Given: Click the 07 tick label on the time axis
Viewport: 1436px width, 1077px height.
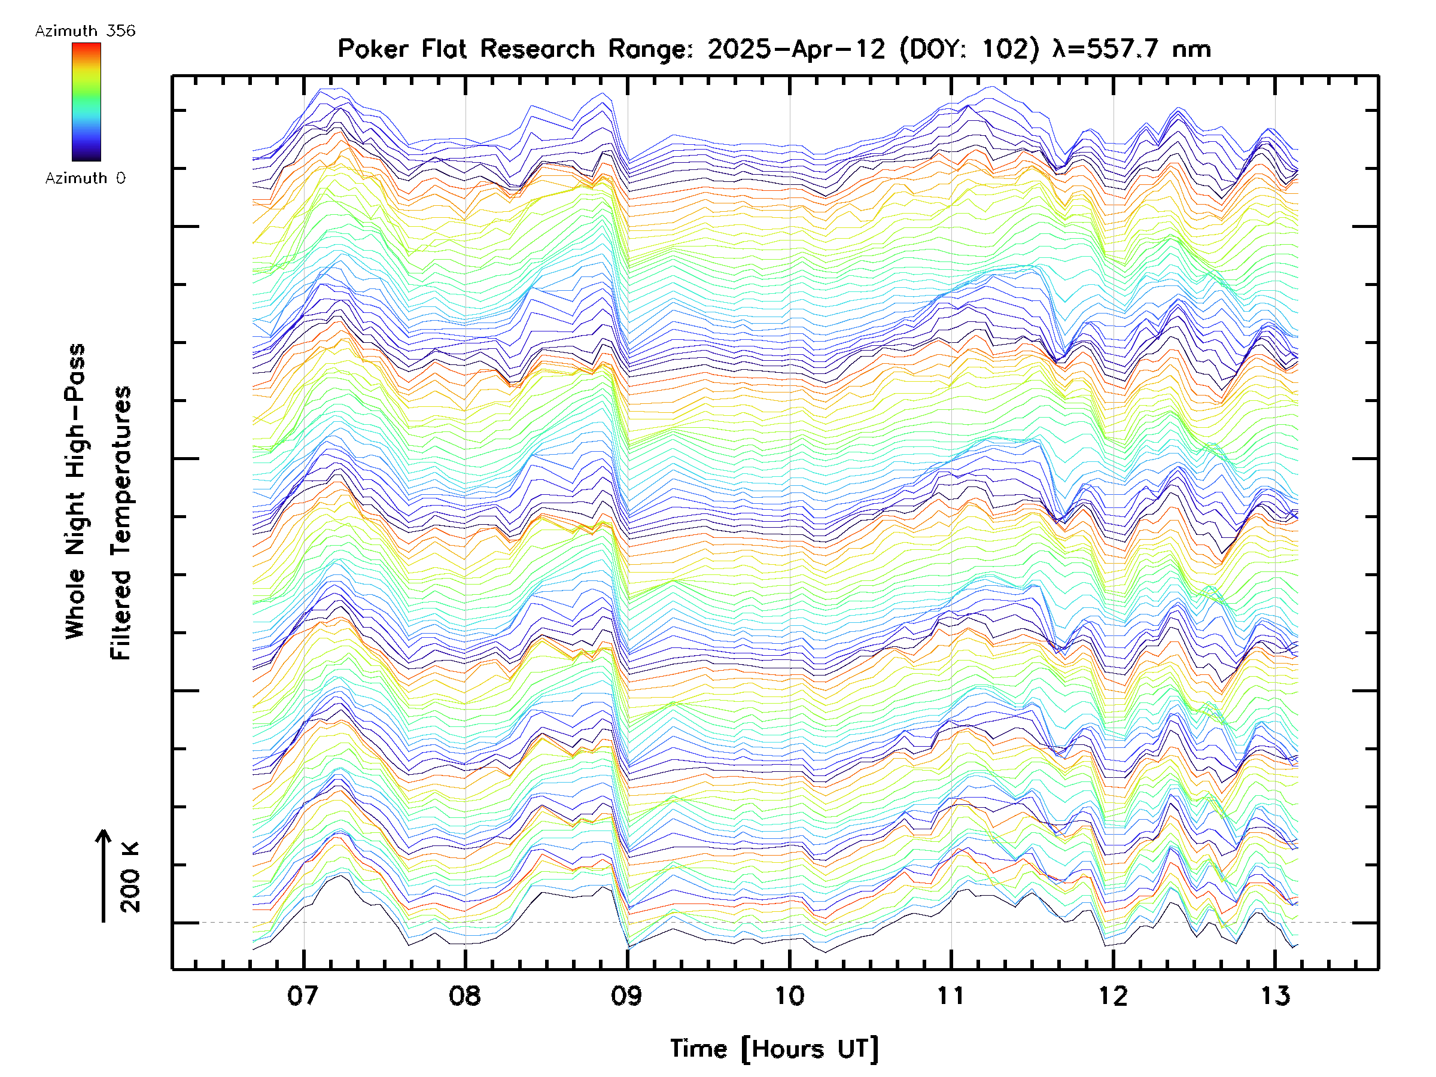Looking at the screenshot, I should click(x=303, y=996).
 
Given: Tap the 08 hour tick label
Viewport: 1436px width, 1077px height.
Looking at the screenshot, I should click(x=465, y=996).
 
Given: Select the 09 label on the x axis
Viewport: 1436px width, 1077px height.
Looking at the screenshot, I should click(x=626, y=996).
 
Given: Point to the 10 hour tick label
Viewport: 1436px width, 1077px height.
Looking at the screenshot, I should click(x=789, y=996).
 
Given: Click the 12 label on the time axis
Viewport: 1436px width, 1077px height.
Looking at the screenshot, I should click(x=1113, y=996).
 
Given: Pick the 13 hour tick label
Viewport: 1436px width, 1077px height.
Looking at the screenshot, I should click(x=1275, y=996).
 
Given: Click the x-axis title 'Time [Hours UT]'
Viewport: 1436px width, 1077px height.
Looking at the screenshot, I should click(x=774, y=1049).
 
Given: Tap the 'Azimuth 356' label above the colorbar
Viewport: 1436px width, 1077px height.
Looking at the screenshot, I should click(x=85, y=31).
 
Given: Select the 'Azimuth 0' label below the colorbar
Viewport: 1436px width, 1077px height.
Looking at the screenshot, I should click(x=85, y=178).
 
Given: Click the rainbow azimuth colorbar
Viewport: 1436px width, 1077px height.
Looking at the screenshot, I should click(x=86, y=102).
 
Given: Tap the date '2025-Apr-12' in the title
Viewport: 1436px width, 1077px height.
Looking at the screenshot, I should click(x=796, y=49).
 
